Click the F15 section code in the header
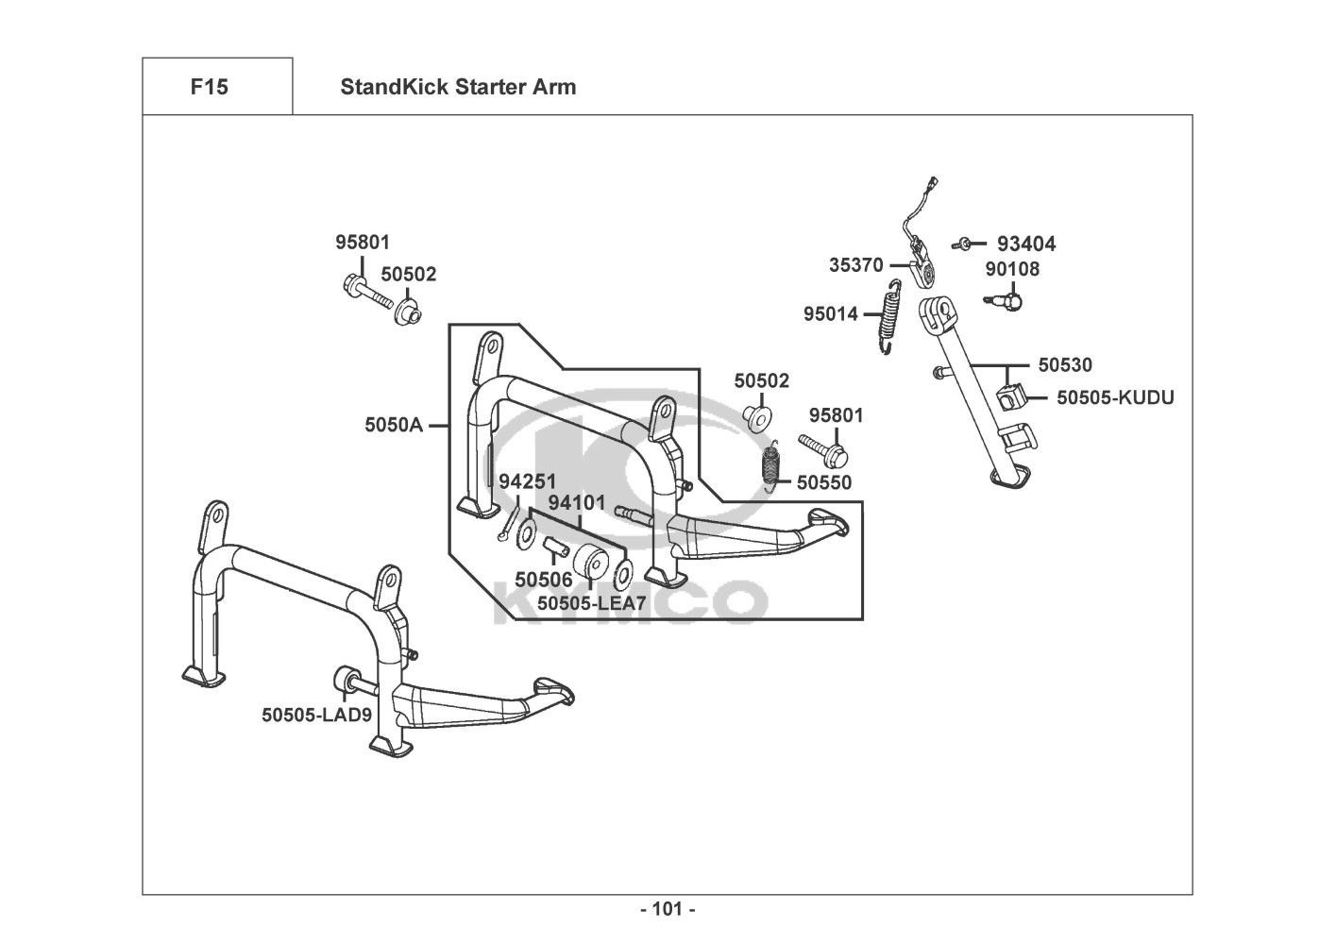[209, 87]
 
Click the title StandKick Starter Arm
[458, 87]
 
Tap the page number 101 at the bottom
[668, 909]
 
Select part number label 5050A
[394, 425]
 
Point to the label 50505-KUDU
[1115, 397]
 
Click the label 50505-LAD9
[316, 715]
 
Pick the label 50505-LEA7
[592, 601]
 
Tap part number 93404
[1026, 244]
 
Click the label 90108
[1012, 270]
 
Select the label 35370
[856, 265]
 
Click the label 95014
[831, 313]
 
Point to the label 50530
[1065, 364]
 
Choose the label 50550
[824, 483]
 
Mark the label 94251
[528, 481]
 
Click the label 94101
[576, 503]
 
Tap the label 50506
[543, 579]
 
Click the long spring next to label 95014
[889, 316]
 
